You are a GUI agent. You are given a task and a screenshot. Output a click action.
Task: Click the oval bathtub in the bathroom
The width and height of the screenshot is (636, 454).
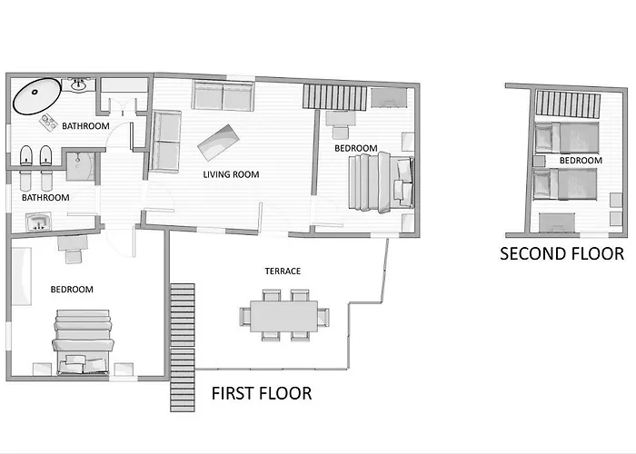[37, 96]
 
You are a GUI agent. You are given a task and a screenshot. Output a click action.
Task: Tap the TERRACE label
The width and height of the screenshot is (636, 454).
[283, 271]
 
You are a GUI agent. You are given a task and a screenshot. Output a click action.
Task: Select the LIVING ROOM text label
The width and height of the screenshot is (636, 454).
[231, 174]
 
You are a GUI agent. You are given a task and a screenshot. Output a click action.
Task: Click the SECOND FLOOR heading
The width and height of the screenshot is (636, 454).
[561, 253]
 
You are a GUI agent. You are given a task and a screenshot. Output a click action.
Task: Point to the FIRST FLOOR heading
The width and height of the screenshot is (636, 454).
[262, 393]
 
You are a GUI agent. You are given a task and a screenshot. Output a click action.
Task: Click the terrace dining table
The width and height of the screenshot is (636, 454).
[283, 316]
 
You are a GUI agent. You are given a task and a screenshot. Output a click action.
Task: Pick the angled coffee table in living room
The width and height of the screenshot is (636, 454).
[218, 143]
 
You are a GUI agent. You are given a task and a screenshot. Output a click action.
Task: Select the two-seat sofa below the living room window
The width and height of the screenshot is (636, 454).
[224, 95]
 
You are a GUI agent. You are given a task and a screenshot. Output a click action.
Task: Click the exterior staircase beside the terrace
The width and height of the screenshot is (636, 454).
[183, 348]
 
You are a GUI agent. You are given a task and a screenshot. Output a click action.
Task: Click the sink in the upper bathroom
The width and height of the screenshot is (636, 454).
[78, 84]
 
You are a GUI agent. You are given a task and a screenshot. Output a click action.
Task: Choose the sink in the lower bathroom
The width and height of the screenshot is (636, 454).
[38, 222]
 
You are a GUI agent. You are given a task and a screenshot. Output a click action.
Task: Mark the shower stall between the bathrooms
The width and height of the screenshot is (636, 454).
[81, 166]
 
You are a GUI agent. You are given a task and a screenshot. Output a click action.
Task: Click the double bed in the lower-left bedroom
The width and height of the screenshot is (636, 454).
[83, 341]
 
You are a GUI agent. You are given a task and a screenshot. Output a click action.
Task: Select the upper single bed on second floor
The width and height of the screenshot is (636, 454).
[567, 138]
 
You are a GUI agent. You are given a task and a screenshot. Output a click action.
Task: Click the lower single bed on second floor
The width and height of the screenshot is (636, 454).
[565, 184]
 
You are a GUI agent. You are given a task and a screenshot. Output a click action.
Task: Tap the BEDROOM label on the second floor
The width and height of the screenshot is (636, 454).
[581, 161]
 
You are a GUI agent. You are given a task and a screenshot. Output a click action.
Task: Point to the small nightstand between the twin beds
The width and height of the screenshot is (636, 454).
[539, 162]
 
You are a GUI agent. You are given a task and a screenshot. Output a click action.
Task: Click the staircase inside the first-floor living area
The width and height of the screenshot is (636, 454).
[335, 96]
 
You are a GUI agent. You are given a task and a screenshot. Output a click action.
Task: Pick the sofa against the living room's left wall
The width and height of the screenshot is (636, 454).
[165, 142]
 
